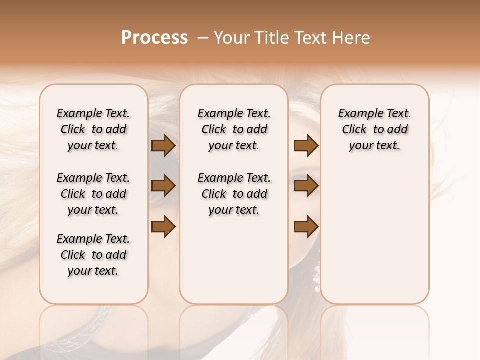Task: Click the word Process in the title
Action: click(154, 38)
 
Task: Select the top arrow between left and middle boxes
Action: click(163, 146)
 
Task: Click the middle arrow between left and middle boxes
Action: click(163, 186)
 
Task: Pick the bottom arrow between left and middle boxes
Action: click(163, 227)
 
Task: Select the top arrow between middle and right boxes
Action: click(306, 146)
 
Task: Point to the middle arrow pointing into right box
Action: click(306, 186)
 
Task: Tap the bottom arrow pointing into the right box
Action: click(306, 227)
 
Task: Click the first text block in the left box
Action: click(93, 129)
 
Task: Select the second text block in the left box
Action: click(93, 194)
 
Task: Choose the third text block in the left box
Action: click(93, 255)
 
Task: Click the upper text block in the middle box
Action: click(234, 129)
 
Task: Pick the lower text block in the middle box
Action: click(234, 194)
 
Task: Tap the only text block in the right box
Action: click(375, 129)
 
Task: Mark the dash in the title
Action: click(202, 38)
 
